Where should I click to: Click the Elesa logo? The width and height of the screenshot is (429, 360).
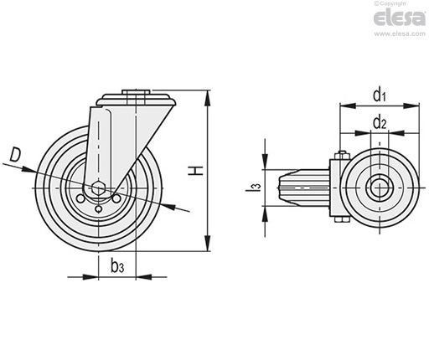pos(400,18)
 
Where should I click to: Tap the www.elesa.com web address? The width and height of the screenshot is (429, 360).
pos(400,33)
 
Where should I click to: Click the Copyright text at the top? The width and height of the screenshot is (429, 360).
pos(390,3)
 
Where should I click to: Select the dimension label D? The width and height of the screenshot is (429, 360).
pos(15,156)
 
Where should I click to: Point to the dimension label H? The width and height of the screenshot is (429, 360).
pos(195,170)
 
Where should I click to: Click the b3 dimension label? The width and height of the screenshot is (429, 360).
pos(117,265)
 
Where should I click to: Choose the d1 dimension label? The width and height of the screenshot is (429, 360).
pos(380,94)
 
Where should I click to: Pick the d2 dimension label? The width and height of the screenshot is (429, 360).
pos(380,122)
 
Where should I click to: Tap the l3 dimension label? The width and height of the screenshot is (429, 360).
pos(253,187)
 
